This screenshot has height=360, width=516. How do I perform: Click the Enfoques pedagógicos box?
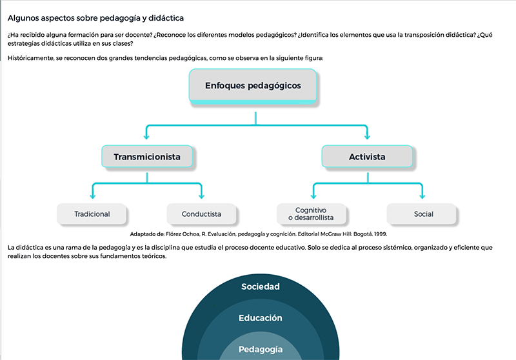point(253,86)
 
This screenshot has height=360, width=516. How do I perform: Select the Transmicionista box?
point(147,156)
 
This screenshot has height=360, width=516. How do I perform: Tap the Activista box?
point(367,156)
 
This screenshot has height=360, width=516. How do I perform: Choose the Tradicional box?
point(92,214)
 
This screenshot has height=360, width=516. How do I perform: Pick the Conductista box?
point(201,214)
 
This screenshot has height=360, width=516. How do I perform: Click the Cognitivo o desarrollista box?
point(312,214)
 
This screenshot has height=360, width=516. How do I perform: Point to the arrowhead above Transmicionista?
point(146,136)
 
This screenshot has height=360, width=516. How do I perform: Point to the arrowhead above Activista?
point(367,136)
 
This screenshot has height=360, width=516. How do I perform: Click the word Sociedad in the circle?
point(261,286)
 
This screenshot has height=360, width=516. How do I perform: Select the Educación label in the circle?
point(261,318)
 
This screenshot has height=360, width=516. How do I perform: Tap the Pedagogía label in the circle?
point(261,350)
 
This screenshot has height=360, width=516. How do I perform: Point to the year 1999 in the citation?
point(380,234)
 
